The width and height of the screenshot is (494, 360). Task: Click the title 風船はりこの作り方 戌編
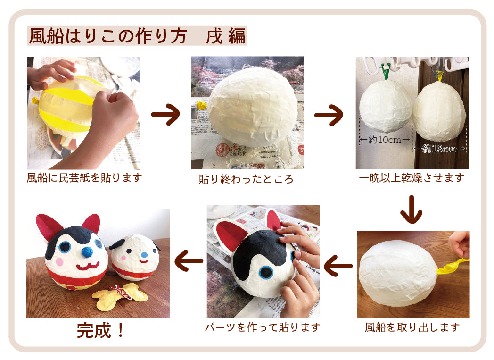pyautogui.click(x=137, y=36)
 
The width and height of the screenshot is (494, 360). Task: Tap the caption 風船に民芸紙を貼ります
pyautogui.click(x=84, y=178)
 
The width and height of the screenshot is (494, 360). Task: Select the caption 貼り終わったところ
pyautogui.click(x=246, y=179)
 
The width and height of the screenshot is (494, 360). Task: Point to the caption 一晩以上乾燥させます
pyautogui.click(x=412, y=178)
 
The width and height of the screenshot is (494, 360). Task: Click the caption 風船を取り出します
pyautogui.click(x=412, y=327)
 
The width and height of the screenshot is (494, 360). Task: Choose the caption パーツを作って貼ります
pyautogui.click(x=263, y=327)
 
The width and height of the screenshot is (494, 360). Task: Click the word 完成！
pyautogui.click(x=101, y=330)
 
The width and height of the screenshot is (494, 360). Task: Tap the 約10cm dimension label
pyautogui.click(x=385, y=140)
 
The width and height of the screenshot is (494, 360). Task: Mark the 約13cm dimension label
pyautogui.click(x=439, y=149)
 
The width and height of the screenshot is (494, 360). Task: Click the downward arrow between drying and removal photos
pyautogui.click(x=411, y=209)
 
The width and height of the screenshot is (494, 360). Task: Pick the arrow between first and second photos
pyautogui.click(x=166, y=115)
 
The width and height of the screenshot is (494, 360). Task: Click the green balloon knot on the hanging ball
pyautogui.click(x=385, y=72)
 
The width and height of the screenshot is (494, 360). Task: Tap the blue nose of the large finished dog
pyautogui.click(x=87, y=252)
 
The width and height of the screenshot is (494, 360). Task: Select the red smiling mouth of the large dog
pyautogui.click(x=88, y=266)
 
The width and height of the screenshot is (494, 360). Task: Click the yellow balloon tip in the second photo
pyautogui.click(x=202, y=105)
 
